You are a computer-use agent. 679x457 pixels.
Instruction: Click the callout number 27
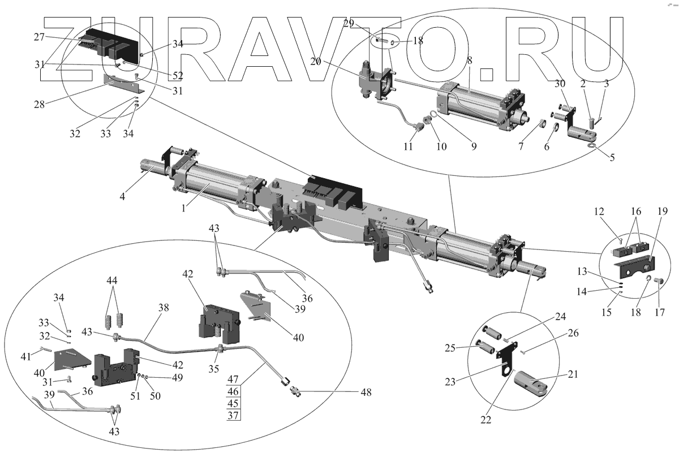(x=39, y=37)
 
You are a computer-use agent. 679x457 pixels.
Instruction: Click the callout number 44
(x=114, y=280)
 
